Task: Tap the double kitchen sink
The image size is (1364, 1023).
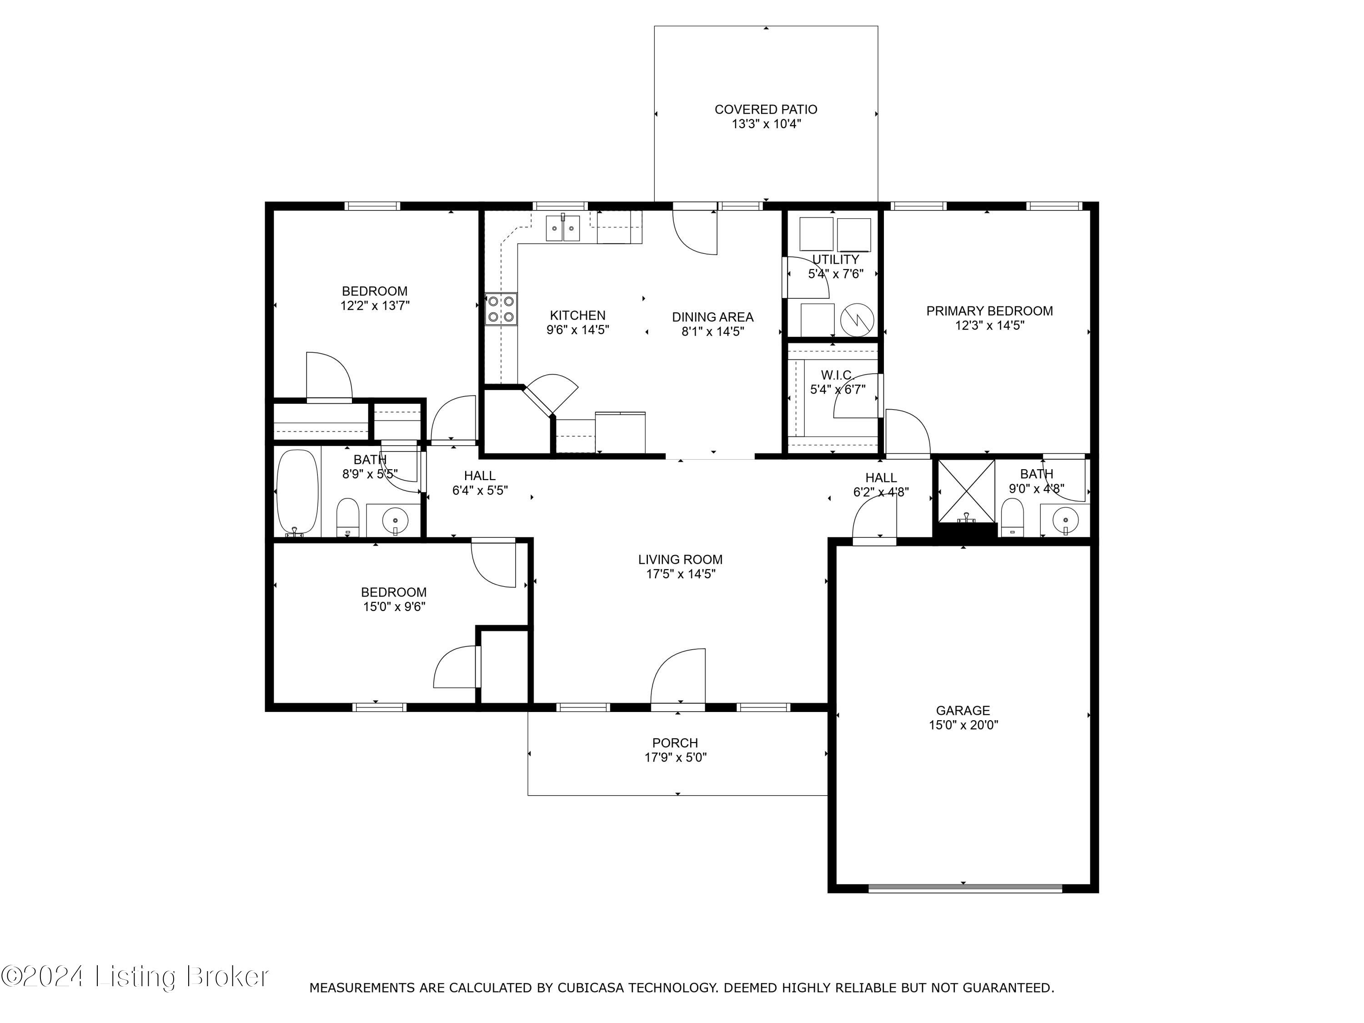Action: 563,229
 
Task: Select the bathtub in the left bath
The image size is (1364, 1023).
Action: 297,493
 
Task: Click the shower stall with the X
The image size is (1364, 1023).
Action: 966,491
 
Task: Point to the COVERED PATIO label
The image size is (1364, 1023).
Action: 765,109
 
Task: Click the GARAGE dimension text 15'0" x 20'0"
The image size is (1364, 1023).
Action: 963,725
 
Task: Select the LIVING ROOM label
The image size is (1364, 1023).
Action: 680,559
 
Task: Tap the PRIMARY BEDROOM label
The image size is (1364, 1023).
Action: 989,311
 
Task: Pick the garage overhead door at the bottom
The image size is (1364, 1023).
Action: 965,888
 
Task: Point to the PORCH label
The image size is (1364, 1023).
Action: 675,743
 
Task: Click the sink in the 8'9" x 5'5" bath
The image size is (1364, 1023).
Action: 395,521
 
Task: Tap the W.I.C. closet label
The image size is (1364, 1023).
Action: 837,375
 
